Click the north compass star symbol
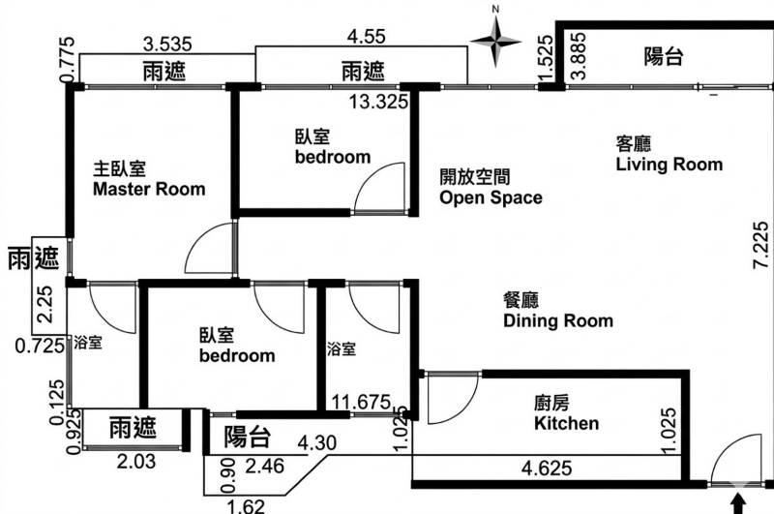[495, 42]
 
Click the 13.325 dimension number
[379, 103]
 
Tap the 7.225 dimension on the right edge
[760, 246]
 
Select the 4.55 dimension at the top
[367, 36]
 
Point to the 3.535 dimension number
[167, 44]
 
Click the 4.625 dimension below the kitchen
[547, 468]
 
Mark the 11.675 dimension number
[361, 402]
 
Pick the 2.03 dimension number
[136, 462]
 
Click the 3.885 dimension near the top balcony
[578, 56]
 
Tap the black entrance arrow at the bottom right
[738, 504]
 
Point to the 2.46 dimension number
[264, 467]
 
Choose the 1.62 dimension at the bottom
[246, 506]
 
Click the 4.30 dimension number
[317, 443]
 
